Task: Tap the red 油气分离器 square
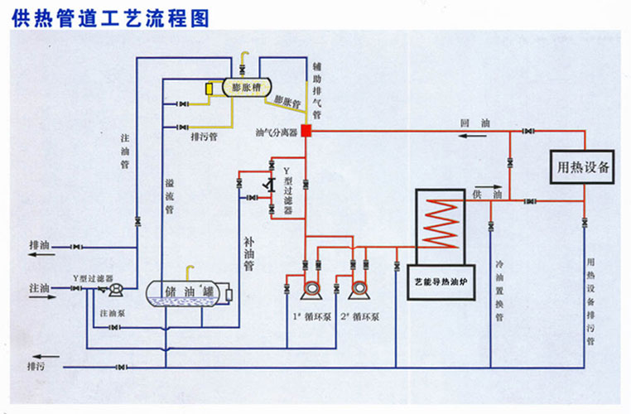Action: (306, 130)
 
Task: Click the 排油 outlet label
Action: (39, 246)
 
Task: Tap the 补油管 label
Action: (248, 255)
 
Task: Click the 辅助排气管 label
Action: (317, 89)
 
